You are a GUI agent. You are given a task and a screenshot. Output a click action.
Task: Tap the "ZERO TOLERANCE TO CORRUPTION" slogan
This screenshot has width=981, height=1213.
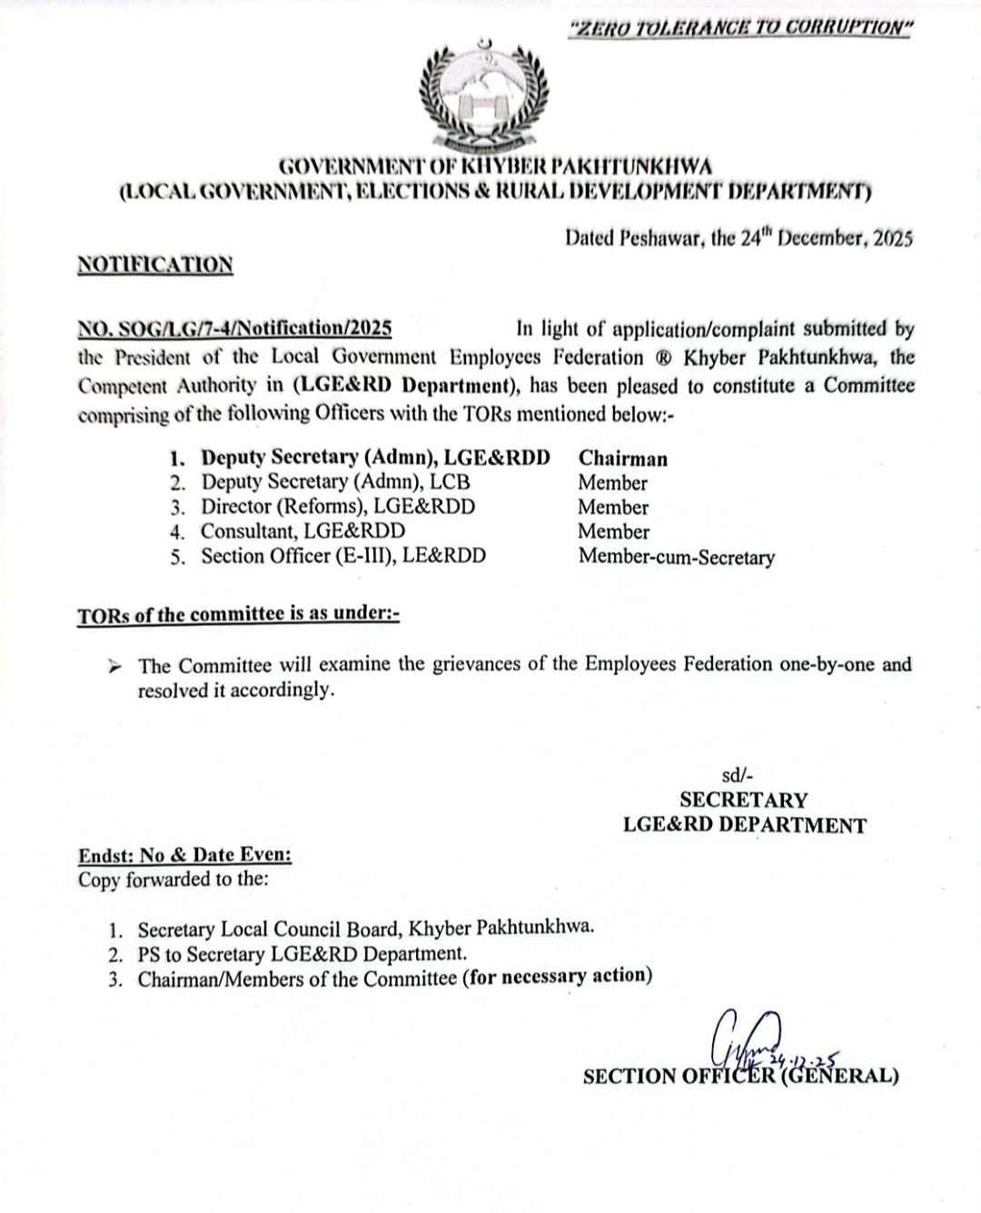(x=738, y=28)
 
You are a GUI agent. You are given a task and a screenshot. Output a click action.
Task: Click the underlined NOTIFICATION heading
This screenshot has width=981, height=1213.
(x=154, y=264)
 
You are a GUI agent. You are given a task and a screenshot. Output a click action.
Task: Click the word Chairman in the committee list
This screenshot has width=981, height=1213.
(x=622, y=459)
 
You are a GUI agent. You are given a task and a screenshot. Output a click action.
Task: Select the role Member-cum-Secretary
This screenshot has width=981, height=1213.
(x=676, y=557)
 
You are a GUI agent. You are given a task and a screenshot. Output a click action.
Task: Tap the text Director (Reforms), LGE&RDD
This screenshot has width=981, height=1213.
(x=338, y=507)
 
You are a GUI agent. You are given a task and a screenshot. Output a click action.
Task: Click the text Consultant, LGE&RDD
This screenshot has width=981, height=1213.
(x=302, y=532)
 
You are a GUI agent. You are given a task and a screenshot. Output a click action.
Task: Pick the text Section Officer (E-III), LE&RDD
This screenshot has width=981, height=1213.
(x=343, y=556)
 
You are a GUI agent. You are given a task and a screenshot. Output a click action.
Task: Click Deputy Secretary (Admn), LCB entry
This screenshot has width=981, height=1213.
(x=335, y=482)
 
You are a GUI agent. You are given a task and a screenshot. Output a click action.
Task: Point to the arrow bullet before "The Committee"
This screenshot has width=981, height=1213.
(x=115, y=666)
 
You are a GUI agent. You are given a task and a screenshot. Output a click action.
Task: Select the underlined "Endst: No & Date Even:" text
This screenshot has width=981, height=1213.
(x=184, y=855)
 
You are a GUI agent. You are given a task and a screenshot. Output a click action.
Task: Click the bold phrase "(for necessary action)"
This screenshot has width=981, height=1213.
(x=557, y=977)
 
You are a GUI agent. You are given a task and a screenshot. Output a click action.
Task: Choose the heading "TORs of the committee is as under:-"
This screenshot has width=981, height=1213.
(x=238, y=614)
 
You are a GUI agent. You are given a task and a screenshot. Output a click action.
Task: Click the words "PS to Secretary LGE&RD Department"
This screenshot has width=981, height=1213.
(x=301, y=954)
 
